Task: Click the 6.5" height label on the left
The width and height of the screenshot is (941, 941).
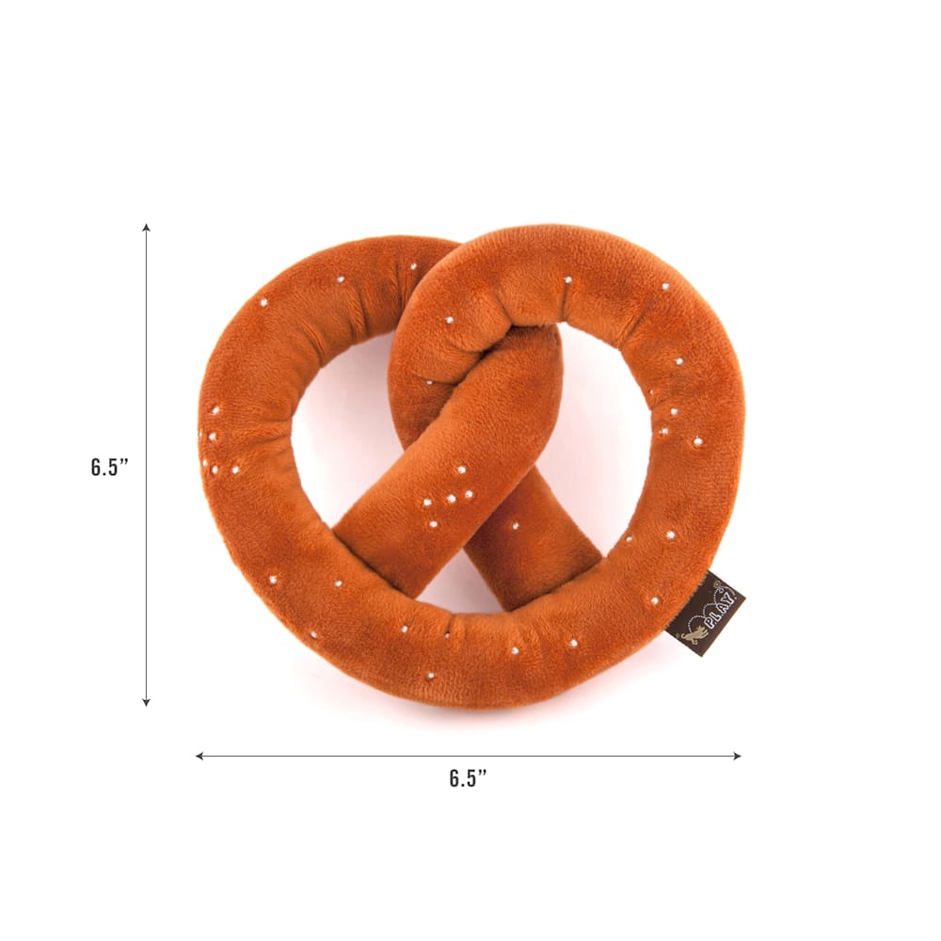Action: click(x=110, y=467)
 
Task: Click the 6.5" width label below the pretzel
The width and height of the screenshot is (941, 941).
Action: click(x=468, y=778)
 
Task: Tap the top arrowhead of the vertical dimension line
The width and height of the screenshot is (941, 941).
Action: click(x=146, y=228)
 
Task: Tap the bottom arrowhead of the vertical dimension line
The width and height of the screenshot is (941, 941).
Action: click(x=146, y=702)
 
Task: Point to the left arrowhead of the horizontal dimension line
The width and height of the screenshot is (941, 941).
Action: click(x=199, y=757)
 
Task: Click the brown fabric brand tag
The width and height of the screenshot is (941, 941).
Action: click(x=706, y=614)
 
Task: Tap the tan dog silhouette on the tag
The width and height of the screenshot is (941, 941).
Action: click(x=694, y=635)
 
